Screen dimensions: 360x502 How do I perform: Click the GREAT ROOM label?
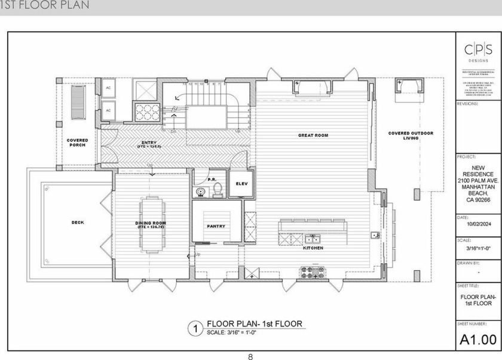pos(313,136)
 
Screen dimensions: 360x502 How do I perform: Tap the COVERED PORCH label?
pos(77,142)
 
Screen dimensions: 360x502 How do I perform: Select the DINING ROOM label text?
pos(150,225)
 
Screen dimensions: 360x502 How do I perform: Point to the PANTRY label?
pos(216,227)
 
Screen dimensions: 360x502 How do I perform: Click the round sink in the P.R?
pos(200,192)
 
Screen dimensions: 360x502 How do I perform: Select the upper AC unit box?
pos(108,88)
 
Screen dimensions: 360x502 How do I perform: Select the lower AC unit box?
pos(108,111)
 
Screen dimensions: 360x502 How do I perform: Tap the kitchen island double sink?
pos(295,239)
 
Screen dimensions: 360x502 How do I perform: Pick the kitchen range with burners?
pos(313,273)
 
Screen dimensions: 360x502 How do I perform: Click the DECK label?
pos(78,222)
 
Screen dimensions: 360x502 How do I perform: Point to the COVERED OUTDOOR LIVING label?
pos(411,135)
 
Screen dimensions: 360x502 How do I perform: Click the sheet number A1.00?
pos(478,340)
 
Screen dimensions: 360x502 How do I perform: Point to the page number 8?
pos(250,356)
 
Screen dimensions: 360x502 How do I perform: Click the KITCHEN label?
pos(313,248)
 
